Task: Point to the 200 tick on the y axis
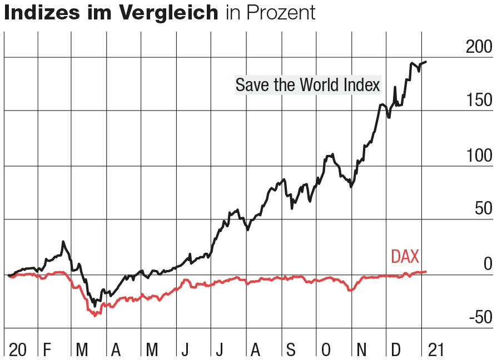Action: coord(479,48)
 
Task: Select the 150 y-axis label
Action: coord(479,101)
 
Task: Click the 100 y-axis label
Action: coord(479,155)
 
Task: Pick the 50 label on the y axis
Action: coord(484,209)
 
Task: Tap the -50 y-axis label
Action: coord(480,317)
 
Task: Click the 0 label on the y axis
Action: coord(488,263)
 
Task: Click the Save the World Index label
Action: coord(307,85)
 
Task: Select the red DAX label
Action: coord(405,256)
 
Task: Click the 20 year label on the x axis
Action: coord(17,350)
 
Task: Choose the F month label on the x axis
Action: coord(47,350)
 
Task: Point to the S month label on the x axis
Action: coord(291,350)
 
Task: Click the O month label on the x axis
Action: coord(326,350)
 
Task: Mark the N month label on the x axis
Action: coord(361,350)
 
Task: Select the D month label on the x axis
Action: coord(396,350)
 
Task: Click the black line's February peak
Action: coord(63,242)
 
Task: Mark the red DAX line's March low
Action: coord(96,316)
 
